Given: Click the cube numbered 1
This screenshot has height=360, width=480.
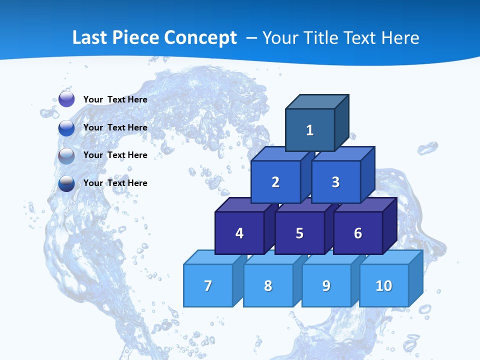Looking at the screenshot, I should (310, 130).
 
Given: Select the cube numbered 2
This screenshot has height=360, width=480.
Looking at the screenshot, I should (275, 182).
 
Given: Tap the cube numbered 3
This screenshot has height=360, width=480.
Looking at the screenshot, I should (335, 182).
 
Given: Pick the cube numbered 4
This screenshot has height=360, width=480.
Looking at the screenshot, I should (239, 233).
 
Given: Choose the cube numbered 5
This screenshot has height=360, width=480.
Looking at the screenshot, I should (299, 233).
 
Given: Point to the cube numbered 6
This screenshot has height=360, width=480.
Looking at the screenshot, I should (357, 233).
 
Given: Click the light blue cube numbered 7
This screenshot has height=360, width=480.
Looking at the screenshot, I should (208, 285).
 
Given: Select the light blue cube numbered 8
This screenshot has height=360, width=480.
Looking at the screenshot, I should (268, 285).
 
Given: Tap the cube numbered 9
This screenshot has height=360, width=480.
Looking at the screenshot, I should (326, 285).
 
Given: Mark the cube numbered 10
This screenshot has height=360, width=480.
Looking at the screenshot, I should (383, 285).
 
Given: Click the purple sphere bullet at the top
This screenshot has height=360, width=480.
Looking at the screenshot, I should (66, 99).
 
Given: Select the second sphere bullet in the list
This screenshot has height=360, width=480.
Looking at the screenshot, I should (66, 127).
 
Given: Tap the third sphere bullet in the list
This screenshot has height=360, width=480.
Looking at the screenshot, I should (66, 155).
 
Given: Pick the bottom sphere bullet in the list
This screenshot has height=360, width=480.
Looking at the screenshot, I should (66, 183).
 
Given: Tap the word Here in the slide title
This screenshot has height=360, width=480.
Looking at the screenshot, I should (400, 38).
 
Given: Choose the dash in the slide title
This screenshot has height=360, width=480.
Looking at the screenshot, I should (252, 38).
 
